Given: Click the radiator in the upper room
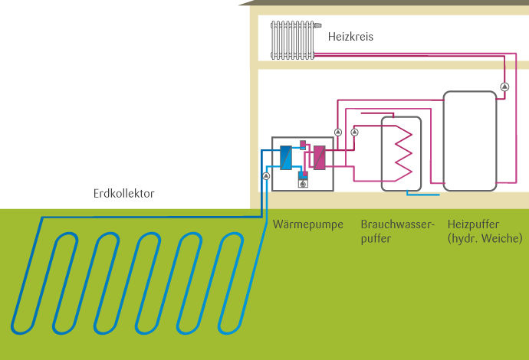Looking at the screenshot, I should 294,40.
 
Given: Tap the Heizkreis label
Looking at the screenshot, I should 350,36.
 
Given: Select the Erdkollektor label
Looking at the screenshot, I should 123,194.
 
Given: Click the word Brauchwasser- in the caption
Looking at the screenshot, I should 397,225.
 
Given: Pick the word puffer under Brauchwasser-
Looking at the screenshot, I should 376,239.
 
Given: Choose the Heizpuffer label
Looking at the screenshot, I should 473,225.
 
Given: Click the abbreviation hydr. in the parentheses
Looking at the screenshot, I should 464,239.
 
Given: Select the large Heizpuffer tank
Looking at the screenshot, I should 468,140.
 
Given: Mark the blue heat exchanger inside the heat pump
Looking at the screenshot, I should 286,158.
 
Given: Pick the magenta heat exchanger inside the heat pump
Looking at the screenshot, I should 319,158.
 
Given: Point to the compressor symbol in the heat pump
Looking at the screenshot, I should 303,183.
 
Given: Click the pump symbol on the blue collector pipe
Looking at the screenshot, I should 266,176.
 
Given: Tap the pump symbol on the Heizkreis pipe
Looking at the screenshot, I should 504,86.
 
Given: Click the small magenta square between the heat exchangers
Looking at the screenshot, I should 303,143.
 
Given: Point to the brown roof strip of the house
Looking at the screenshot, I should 383,3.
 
